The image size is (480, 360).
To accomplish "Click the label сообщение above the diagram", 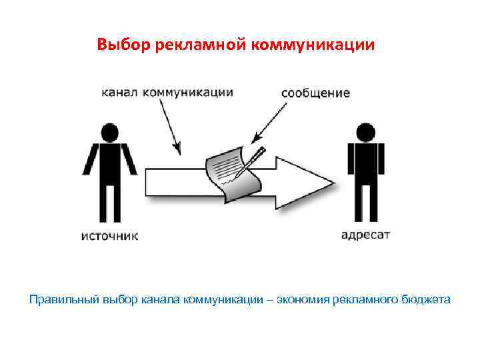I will click(315, 93).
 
